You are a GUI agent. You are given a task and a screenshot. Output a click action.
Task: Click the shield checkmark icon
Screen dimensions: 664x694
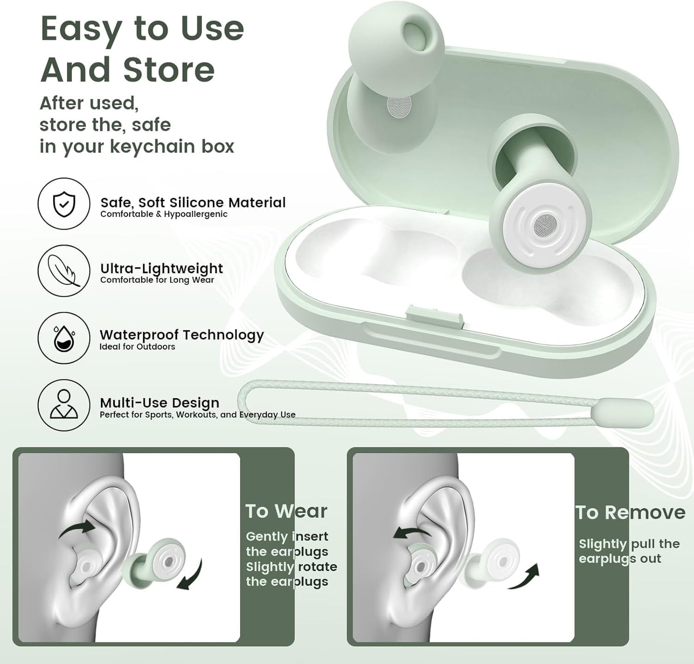[x=64, y=204]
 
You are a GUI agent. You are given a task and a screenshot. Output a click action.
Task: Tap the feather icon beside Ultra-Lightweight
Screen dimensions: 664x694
[x=64, y=270]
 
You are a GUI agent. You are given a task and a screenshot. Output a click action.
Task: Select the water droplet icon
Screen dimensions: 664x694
[x=64, y=338]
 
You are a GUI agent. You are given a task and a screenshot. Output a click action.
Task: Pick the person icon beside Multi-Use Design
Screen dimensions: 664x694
[x=64, y=404]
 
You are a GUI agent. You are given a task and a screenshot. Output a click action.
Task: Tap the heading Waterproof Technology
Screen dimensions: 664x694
[x=182, y=335]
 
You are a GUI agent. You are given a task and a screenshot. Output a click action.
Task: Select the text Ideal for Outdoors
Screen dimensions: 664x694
[x=137, y=347]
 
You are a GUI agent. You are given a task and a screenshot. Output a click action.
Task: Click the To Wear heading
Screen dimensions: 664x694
[x=286, y=511]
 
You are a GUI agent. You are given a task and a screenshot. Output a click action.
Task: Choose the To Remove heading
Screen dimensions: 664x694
[x=630, y=513]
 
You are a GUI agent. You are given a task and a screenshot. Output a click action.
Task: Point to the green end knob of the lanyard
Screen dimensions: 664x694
[x=623, y=411]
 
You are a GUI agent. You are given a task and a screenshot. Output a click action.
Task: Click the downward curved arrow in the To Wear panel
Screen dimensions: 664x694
[x=190, y=574]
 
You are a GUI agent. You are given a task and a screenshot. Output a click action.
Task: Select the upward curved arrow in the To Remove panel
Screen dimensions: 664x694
[x=524, y=577]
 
